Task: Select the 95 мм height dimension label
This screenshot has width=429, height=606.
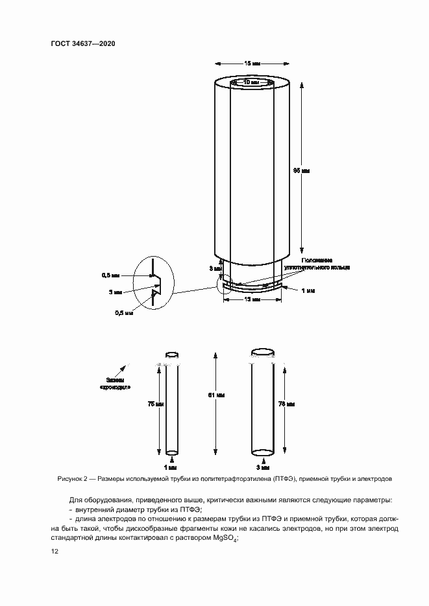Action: coord(302,170)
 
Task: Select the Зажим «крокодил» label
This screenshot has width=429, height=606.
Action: coord(115,383)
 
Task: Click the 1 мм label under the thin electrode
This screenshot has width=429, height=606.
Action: coord(171,467)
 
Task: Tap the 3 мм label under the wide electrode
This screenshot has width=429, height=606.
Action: coord(262,467)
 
